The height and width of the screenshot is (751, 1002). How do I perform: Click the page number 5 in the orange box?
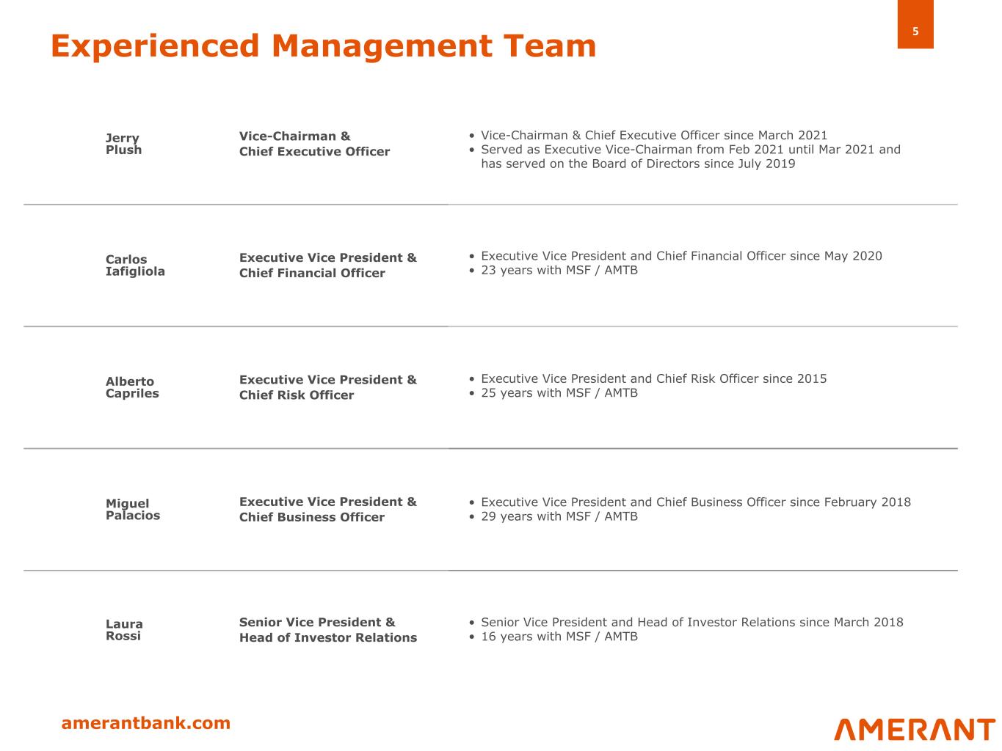coord(915,32)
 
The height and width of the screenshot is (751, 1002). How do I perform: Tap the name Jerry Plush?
coord(123,144)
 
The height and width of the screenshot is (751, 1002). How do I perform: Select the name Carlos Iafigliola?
coord(135,265)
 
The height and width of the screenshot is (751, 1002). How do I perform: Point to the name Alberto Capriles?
coord(132,387)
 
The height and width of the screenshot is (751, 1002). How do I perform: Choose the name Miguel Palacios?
coord(133,509)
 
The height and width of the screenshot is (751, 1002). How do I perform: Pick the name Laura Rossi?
coord(124,630)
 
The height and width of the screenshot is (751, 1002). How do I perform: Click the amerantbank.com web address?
coord(145,723)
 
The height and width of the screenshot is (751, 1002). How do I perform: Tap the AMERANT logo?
coord(915,730)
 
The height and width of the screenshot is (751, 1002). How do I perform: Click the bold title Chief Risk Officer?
coord(297,395)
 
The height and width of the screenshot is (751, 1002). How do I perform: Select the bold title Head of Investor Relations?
coord(328,637)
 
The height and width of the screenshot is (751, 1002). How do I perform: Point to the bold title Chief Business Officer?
coord(312,517)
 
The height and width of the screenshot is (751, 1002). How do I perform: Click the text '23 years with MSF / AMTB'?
coord(559,271)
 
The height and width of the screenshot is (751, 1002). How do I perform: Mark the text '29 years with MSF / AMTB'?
coord(559,516)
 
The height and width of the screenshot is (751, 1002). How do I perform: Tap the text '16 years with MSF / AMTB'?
coord(559,637)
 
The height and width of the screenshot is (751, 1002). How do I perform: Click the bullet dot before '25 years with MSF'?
coord(471,393)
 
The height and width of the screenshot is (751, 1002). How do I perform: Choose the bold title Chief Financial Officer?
coord(312,273)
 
